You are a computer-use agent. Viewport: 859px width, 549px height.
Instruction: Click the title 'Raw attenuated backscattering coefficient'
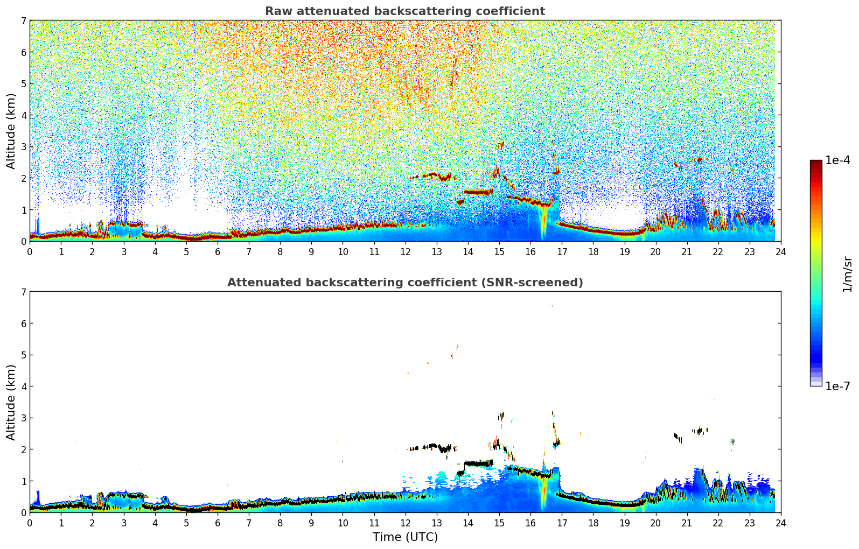[x=404, y=11]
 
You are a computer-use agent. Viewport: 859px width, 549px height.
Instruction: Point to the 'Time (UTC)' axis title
[x=405, y=537]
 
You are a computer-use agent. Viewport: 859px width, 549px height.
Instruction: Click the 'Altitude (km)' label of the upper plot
[x=11, y=131]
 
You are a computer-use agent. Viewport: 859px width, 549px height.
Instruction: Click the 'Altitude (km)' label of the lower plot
[x=11, y=402]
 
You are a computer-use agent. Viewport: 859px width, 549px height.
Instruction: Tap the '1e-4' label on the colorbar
[x=837, y=160]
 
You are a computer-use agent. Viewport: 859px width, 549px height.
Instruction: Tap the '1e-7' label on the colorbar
[x=837, y=386]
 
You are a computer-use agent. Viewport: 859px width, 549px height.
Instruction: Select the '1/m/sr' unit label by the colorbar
[x=847, y=274]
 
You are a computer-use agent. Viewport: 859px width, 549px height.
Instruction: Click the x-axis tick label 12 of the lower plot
[x=405, y=523]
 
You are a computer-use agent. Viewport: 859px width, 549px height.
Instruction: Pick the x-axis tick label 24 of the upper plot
[x=780, y=251]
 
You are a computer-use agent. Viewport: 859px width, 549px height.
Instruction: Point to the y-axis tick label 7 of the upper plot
[x=23, y=21]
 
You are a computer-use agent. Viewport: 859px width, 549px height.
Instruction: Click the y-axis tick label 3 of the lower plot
[x=23, y=418]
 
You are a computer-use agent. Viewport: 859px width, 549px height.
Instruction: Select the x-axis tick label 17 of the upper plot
[x=562, y=251]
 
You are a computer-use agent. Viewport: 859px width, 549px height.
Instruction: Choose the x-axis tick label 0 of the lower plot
[x=30, y=523]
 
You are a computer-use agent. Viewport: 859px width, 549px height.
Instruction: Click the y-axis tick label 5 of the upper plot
[x=23, y=84]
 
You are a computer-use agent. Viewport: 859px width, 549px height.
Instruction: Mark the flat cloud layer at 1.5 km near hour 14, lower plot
[x=478, y=463]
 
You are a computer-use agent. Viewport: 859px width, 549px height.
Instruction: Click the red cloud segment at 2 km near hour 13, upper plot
[x=431, y=175]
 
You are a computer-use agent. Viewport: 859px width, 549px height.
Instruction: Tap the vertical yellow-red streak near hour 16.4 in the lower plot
[x=543, y=492]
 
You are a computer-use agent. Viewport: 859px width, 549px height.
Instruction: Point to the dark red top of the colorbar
[x=816, y=163]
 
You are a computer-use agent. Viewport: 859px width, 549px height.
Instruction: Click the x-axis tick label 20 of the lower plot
[x=655, y=523]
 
